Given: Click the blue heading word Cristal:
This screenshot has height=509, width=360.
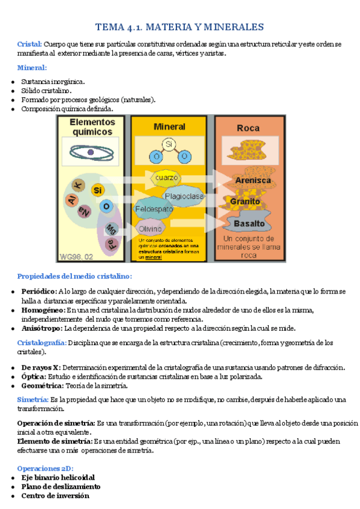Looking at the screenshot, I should [x=29, y=44].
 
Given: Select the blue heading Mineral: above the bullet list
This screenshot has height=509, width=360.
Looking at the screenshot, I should [x=32, y=67].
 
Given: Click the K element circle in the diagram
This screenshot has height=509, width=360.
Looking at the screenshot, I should [x=77, y=184].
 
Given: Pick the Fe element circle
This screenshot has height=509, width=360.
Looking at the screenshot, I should [x=110, y=243].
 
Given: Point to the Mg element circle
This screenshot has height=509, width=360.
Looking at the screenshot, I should [x=110, y=228].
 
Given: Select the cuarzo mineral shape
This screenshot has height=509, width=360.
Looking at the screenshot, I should [x=166, y=178].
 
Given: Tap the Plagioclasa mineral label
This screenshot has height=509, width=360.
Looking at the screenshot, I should [x=185, y=196].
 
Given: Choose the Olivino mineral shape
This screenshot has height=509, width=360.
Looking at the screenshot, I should [x=150, y=229].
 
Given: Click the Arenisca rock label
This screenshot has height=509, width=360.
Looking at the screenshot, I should [x=253, y=180].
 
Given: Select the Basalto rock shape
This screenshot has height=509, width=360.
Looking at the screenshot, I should [x=249, y=223].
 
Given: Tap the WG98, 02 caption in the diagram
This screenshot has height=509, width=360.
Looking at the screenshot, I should [x=75, y=256].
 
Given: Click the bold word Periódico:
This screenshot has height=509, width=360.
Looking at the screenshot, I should [x=38, y=292].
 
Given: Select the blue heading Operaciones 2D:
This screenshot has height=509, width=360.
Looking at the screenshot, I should [x=44, y=468].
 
